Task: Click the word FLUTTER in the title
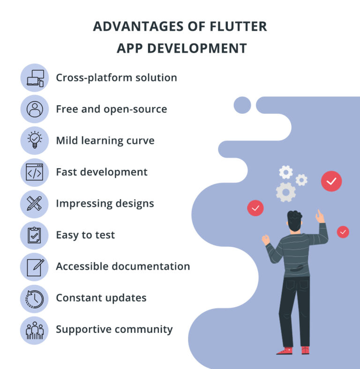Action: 238,26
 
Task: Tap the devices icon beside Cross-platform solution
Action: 35,78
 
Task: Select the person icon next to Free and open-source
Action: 35,109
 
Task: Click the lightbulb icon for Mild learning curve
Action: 35,140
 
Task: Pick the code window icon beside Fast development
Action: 35,172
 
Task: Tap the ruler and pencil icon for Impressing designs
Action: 35,204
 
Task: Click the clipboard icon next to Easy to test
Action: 35,235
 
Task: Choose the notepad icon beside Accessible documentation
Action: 35,266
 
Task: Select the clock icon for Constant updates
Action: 35,298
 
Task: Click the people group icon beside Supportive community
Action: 35,330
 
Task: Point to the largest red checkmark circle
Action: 331,181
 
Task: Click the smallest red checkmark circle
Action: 343,232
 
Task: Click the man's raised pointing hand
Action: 320,216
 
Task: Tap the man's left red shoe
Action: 285,350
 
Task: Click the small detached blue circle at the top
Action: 242,105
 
